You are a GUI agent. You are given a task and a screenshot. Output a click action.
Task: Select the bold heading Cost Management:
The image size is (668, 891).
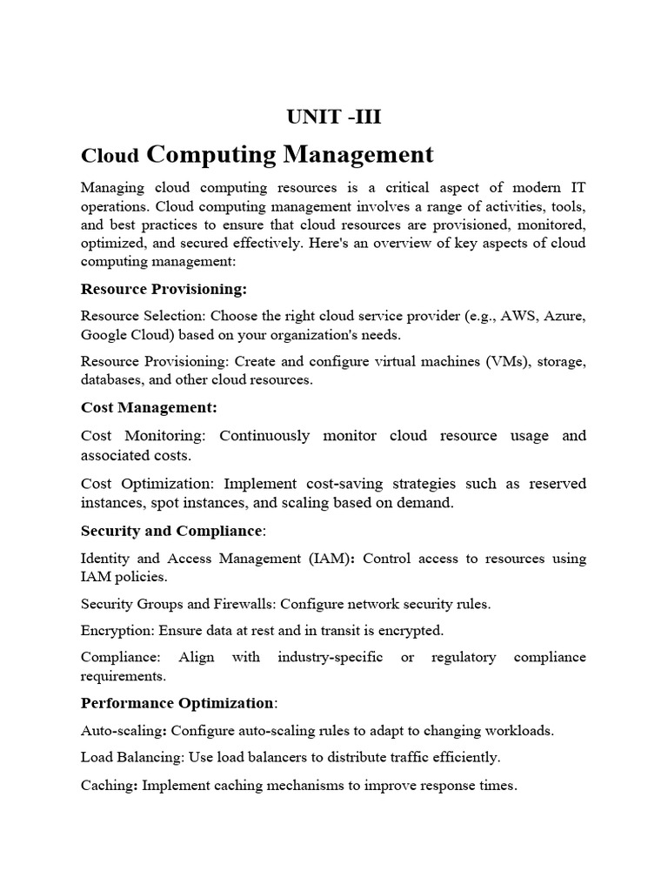149,406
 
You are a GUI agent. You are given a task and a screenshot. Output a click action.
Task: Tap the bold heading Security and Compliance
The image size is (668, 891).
170,530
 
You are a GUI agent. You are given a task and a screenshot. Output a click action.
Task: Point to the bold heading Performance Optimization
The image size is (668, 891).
177,702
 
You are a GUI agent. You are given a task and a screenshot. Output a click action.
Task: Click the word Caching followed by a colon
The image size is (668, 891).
108,785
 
